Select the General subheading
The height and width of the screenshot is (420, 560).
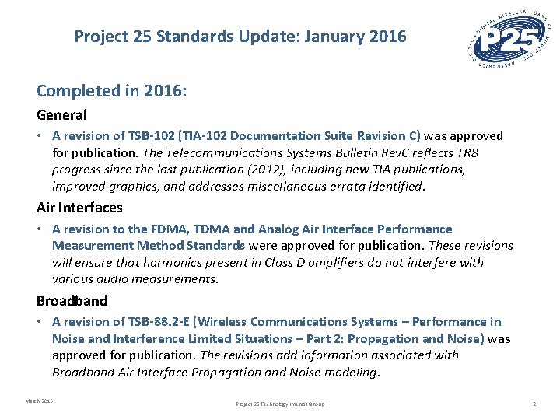(61, 115)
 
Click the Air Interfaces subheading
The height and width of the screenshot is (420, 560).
(79, 208)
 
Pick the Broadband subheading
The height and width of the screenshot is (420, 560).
(72, 300)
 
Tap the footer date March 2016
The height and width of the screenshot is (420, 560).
(39, 401)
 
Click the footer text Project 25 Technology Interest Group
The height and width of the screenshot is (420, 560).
(280, 404)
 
